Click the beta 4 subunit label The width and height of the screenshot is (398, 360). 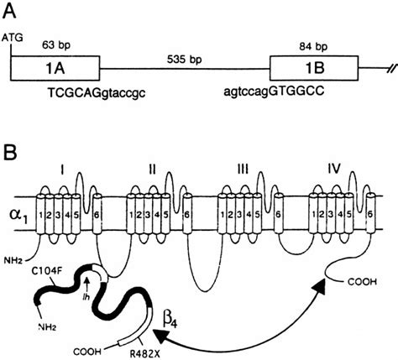pyautogui.click(x=175, y=317)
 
